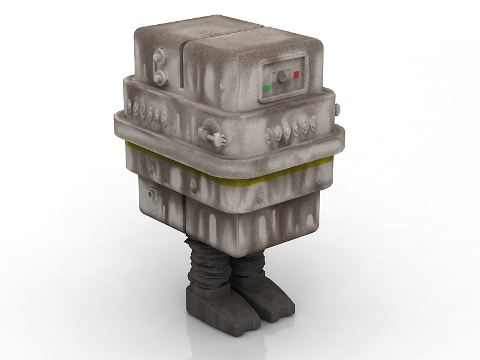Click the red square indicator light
[296, 74]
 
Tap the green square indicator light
[267, 88]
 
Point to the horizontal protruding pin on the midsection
[210, 135]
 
